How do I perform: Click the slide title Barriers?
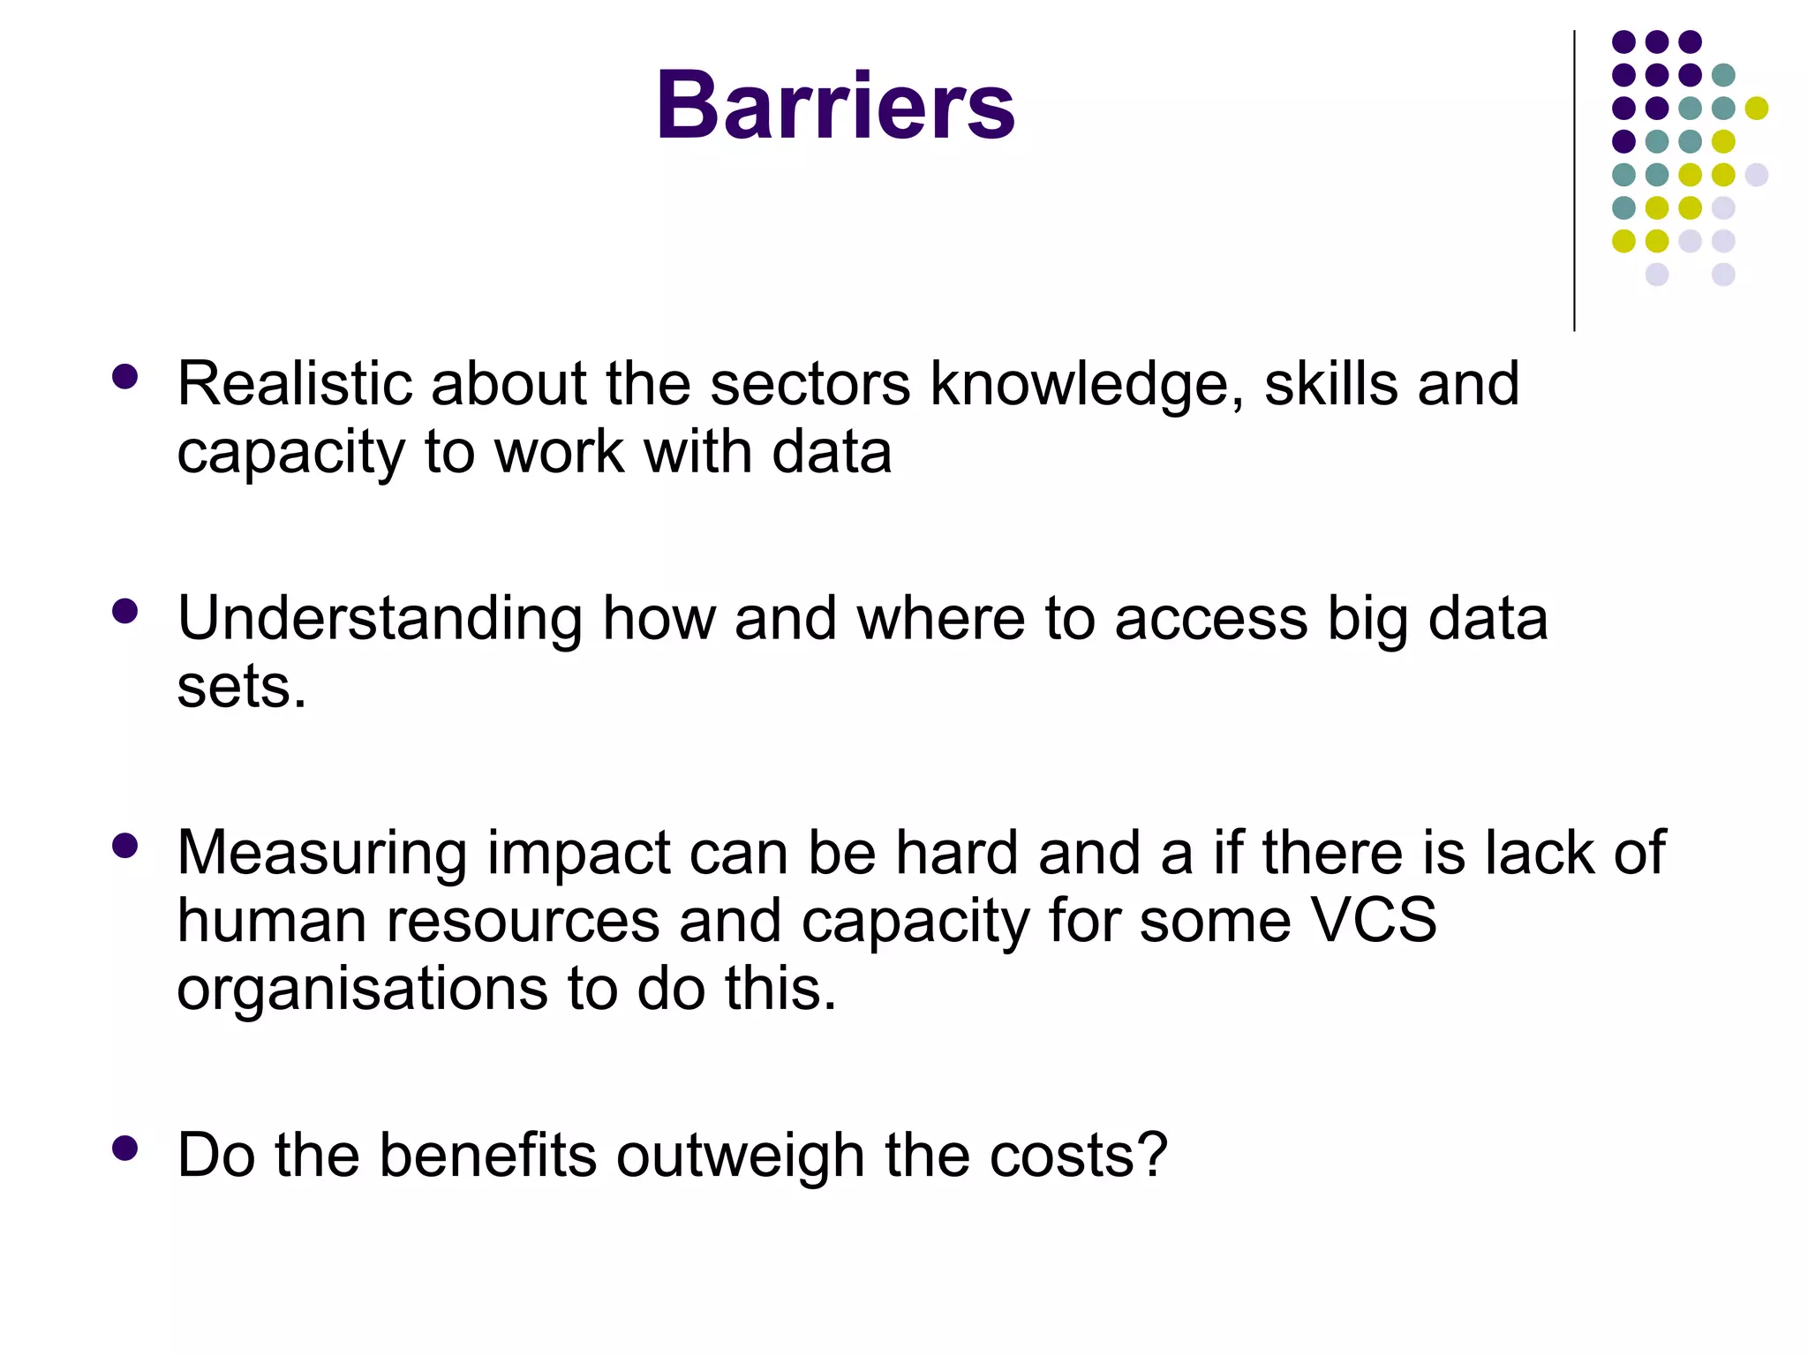pyautogui.click(x=835, y=106)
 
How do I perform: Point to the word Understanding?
pyautogui.click(x=380, y=620)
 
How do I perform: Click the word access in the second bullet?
pyautogui.click(x=1210, y=620)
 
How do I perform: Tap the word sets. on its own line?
pyautogui.click(x=241, y=688)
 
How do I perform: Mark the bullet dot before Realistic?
pyautogui.click(x=125, y=378)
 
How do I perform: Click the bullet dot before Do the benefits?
pyautogui.click(x=125, y=1148)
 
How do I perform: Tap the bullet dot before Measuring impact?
pyautogui.click(x=125, y=846)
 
